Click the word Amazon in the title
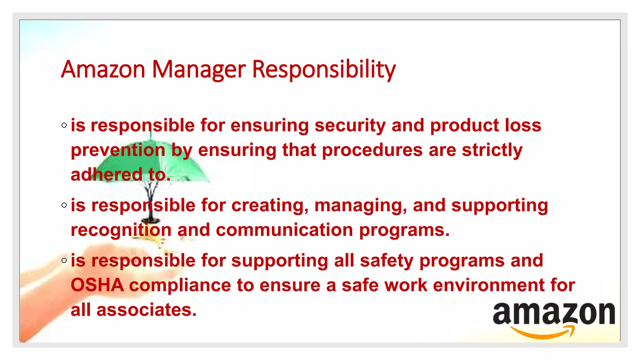coord(103,69)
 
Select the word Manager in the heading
coord(199,69)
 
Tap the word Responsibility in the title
coord(324,69)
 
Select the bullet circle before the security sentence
coord(64,126)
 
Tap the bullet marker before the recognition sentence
coord(64,205)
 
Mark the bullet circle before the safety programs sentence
coord(64,260)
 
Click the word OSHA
coord(97,285)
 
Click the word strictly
coord(492,150)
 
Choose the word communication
coord(284,230)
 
